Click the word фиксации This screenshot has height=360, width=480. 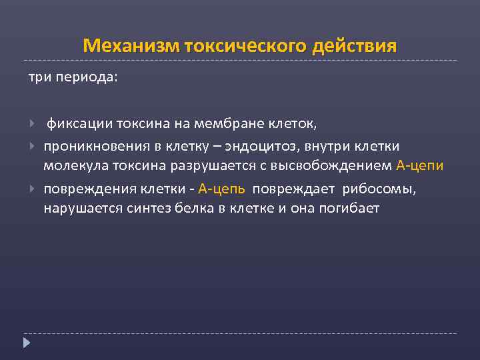point(79,123)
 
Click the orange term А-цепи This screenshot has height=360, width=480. point(419,165)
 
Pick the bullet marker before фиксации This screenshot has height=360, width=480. point(33,123)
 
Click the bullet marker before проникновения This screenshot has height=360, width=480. point(33,145)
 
